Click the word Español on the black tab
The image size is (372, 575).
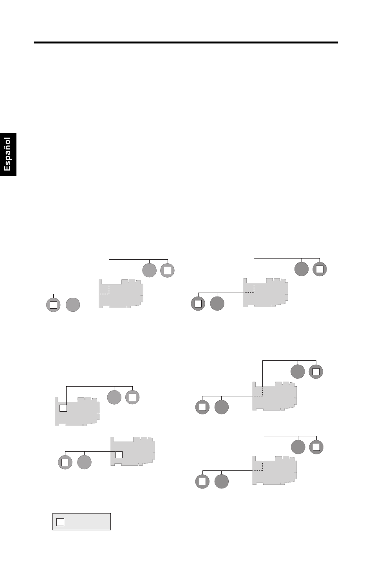(7, 154)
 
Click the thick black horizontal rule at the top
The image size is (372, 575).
(186, 43)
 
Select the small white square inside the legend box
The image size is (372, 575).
(60, 522)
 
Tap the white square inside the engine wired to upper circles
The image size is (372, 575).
(63, 408)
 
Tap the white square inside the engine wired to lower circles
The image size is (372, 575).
(119, 455)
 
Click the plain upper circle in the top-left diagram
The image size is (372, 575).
(149, 270)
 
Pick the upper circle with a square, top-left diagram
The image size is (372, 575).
(167, 270)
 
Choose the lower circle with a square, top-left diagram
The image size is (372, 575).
(53, 305)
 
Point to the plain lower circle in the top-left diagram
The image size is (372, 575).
(73, 305)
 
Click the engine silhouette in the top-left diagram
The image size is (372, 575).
(121, 294)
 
